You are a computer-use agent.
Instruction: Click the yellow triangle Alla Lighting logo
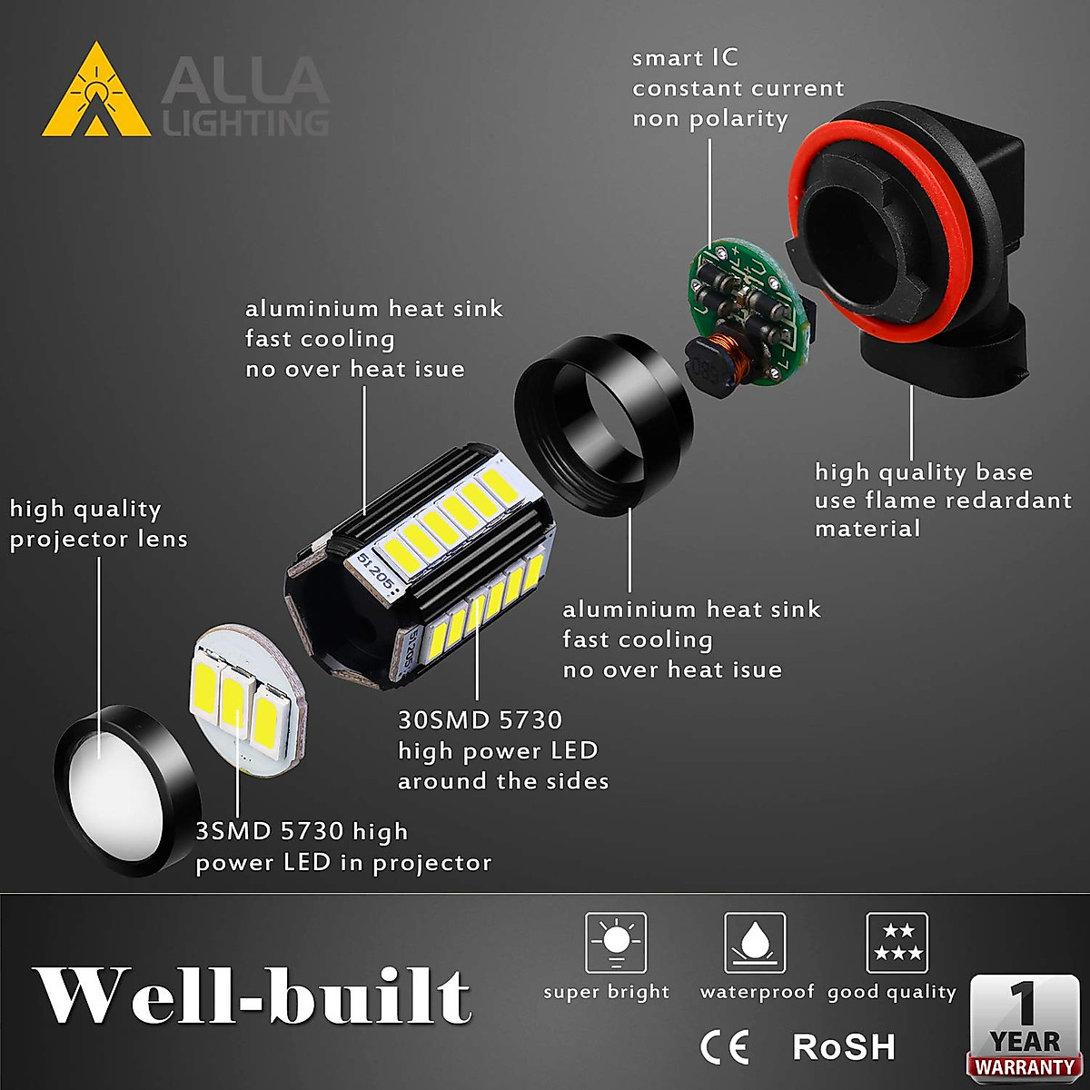[x=96, y=94]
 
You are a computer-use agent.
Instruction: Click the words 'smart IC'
[x=686, y=59]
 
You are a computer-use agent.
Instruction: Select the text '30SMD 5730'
[x=481, y=720]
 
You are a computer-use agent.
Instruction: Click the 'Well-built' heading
[x=252, y=996]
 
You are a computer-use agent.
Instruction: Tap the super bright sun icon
[x=616, y=944]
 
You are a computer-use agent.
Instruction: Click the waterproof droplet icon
[x=755, y=944]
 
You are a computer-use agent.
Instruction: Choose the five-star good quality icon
[x=897, y=944]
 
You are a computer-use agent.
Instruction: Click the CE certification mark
[x=725, y=1047]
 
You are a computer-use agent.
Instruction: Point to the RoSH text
[x=844, y=1047]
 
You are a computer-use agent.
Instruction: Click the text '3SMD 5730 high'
[x=302, y=832]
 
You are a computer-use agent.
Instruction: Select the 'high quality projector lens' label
[x=98, y=524]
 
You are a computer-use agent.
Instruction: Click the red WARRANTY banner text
[x=1024, y=1067]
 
